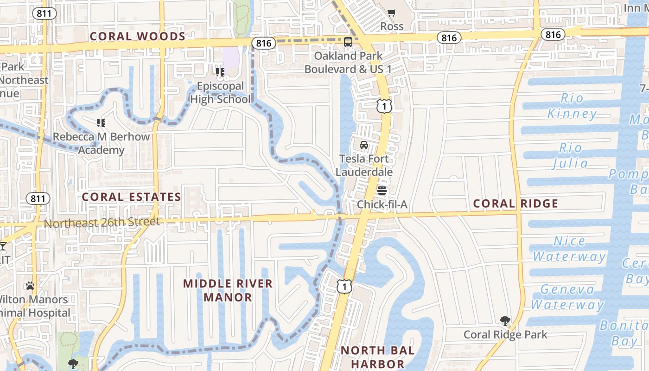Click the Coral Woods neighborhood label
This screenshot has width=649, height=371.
click(x=138, y=36)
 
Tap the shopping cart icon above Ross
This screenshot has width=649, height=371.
click(x=392, y=13)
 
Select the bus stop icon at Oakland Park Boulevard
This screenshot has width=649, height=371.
click(x=348, y=42)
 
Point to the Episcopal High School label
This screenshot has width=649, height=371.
click(x=220, y=93)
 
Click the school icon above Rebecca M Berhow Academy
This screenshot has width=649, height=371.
click(x=101, y=123)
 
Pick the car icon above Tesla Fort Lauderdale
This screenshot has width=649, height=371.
click(x=364, y=145)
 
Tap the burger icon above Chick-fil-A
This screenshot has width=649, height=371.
click(x=382, y=191)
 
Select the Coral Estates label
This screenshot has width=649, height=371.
click(x=131, y=197)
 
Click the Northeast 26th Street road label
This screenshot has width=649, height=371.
click(x=102, y=223)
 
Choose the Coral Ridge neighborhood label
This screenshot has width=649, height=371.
click(x=515, y=203)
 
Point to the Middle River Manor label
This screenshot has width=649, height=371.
click(x=228, y=290)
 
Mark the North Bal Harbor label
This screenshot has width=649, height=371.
click(x=378, y=357)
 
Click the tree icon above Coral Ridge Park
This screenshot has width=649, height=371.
click(x=505, y=320)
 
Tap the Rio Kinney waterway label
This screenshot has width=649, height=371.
click(x=572, y=106)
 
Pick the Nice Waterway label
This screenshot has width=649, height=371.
click(x=569, y=249)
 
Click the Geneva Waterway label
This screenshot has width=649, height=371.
click(x=567, y=297)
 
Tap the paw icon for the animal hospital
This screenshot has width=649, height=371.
click(x=30, y=285)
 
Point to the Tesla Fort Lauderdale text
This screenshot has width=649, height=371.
click(x=364, y=165)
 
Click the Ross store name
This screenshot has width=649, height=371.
click(x=392, y=26)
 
